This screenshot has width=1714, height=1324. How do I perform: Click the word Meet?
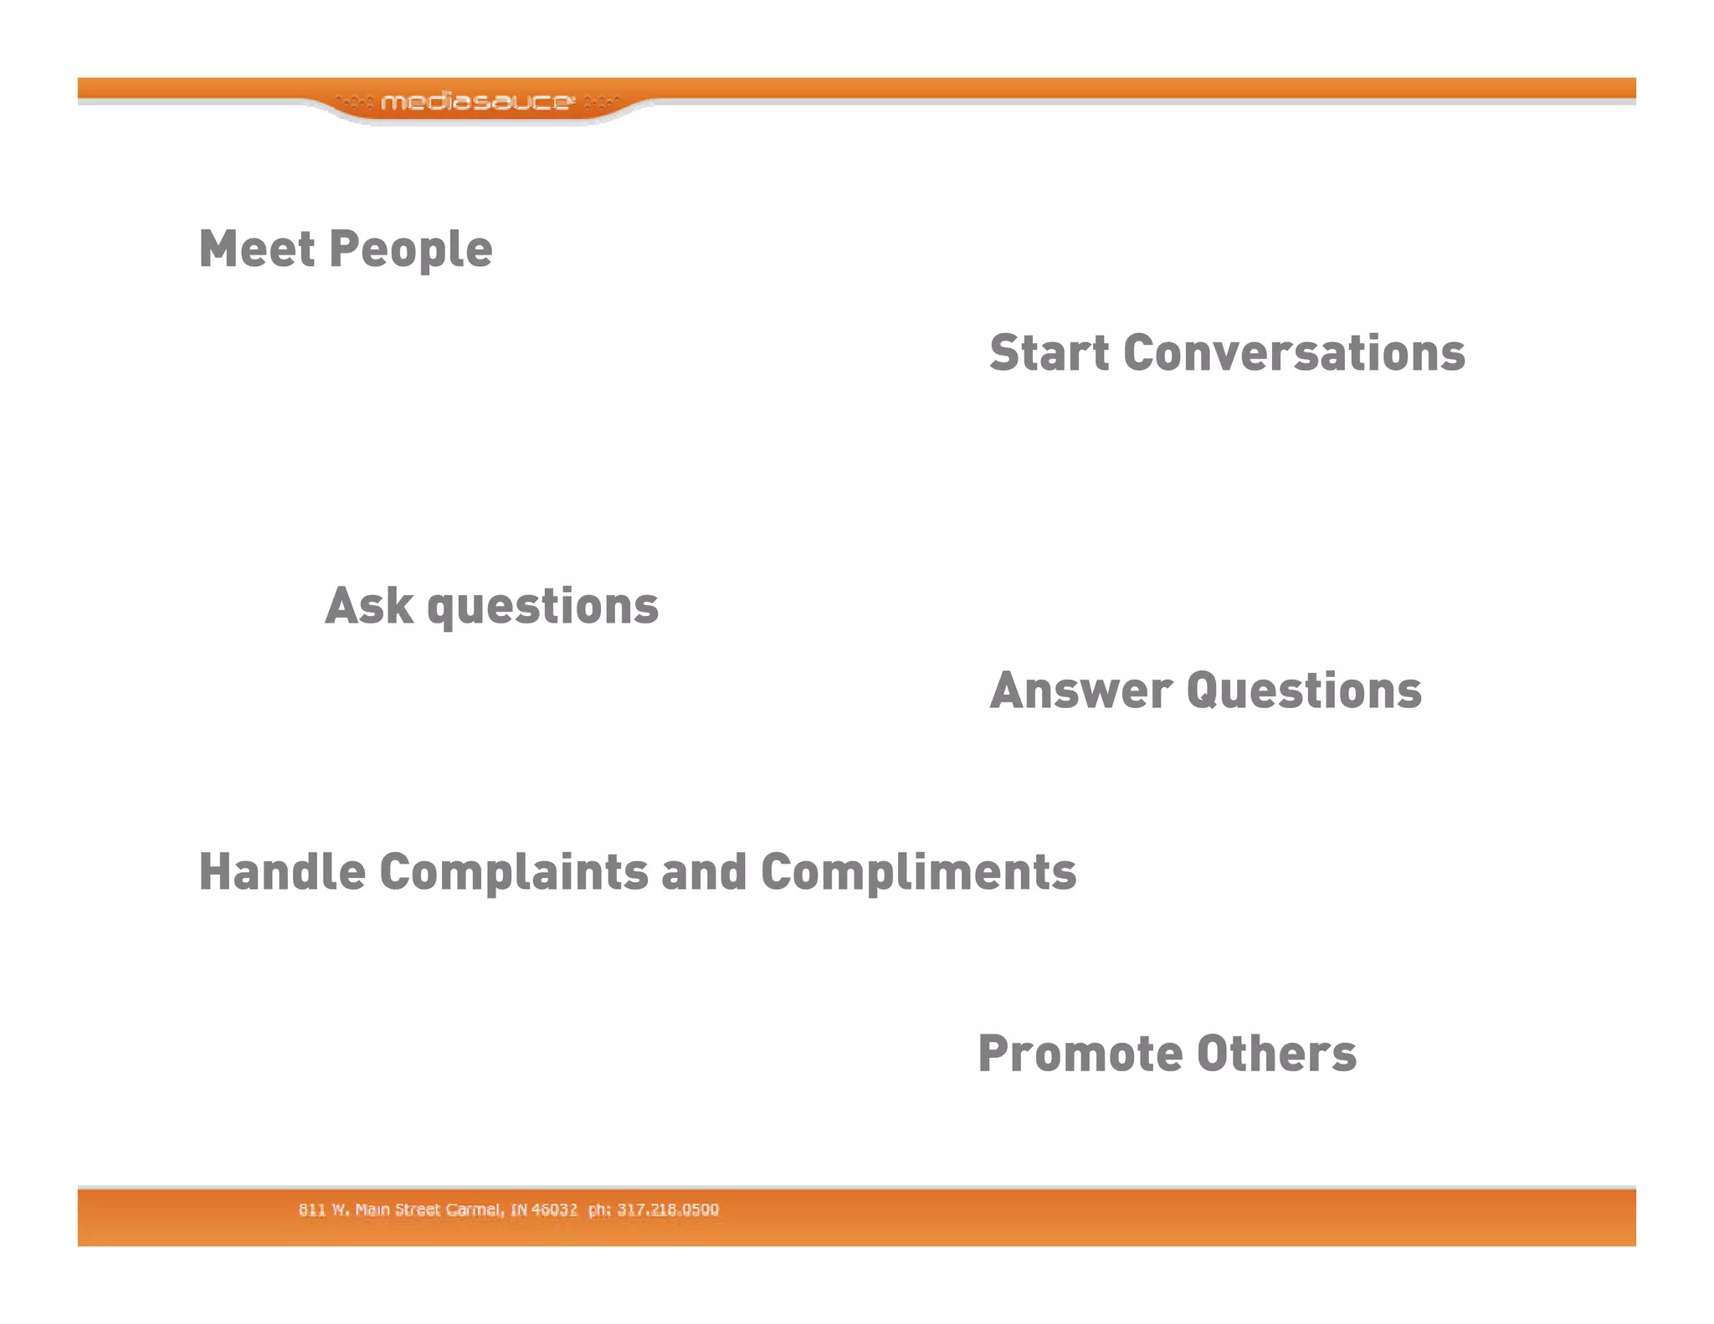coord(257,249)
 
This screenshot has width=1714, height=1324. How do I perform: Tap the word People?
coord(411,250)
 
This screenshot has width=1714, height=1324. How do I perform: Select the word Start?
coord(1049,352)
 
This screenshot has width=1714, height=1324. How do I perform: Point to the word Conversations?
coord(1294,352)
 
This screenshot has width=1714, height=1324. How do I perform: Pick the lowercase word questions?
coord(543,607)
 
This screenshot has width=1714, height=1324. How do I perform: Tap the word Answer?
coord(1081,690)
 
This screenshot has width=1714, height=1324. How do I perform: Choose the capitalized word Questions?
coord(1304,690)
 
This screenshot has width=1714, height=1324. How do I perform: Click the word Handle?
coord(282,871)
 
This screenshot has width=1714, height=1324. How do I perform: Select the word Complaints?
coord(514,873)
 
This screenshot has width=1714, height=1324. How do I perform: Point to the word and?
coord(704,871)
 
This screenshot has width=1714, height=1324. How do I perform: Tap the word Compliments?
coord(918,873)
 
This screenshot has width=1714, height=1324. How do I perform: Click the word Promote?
coord(1080,1053)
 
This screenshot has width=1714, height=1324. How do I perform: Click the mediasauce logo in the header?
coord(477,102)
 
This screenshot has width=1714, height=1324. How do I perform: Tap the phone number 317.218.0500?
coord(668,1209)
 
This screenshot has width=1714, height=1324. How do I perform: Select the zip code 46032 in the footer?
coord(554,1209)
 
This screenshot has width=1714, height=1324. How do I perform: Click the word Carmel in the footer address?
coord(475,1209)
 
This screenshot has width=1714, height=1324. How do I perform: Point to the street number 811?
coord(311,1209)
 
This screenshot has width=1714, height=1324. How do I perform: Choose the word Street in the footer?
coord(418,1209)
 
